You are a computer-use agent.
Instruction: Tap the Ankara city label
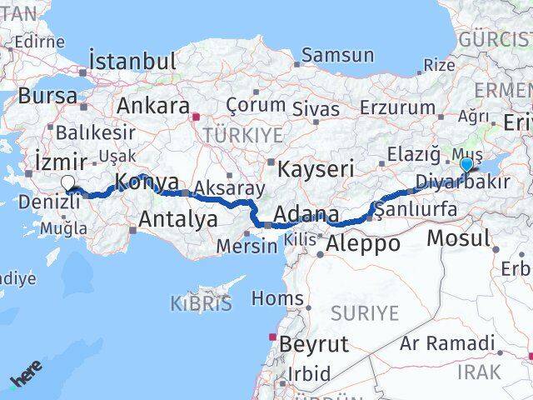coord(152,106)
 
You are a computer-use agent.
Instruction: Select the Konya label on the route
coord(146,182)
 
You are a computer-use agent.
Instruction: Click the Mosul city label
coord(458,238)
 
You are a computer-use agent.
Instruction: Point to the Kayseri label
coord(316,168)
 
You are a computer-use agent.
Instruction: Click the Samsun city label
coord(337,56)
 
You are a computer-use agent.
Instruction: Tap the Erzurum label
coord(398,107)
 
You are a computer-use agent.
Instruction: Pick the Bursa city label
coord(47,96)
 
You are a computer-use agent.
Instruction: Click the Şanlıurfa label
coord(416,209)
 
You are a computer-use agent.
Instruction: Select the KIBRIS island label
coord(202,303)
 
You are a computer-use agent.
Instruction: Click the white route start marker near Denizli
coord(67,184)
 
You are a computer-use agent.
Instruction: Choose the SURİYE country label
coord(366,313)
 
